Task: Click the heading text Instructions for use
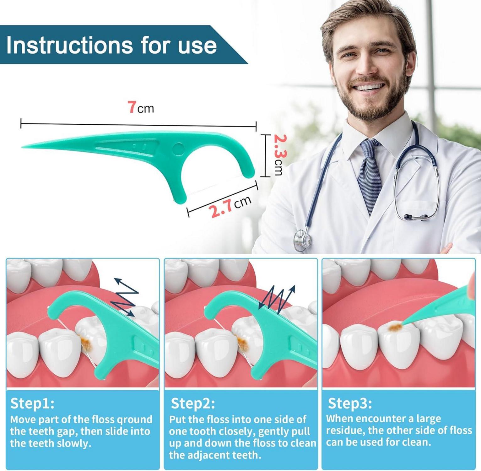coord(111,45)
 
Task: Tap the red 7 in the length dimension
coord(132,107)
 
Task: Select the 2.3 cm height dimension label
coord(278,154)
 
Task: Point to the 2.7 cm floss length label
coord(231,206)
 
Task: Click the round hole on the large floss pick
coord(178,149)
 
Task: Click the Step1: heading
coord(32,403)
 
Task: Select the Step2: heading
coord(193,403)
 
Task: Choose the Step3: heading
coord(350,403)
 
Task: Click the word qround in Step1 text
coord(134,420)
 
